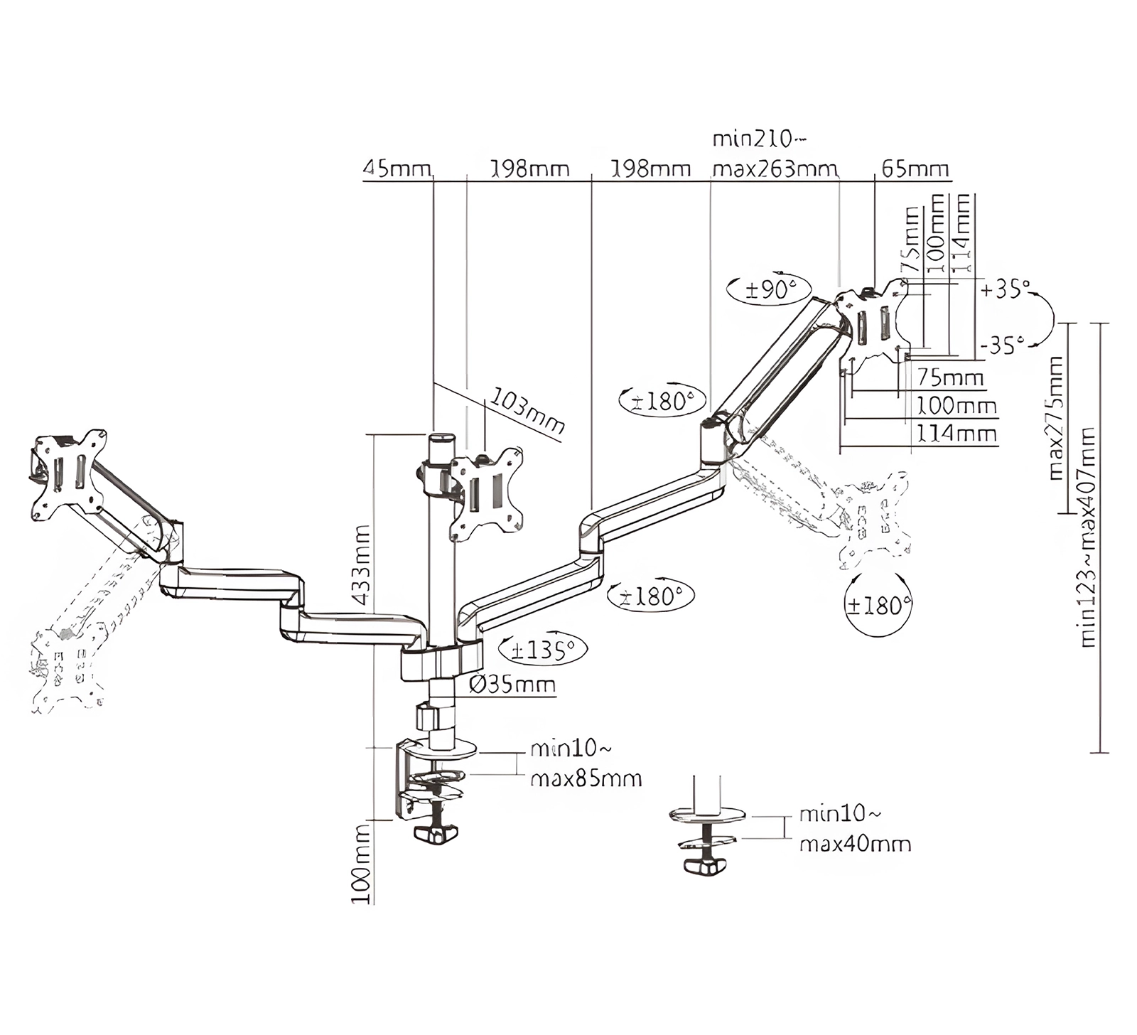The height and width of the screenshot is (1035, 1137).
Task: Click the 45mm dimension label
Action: [x=397, y=169]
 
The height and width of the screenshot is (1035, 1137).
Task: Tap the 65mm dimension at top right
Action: [x=915, y=169]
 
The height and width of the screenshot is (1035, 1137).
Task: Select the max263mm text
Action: [x=775, y=170]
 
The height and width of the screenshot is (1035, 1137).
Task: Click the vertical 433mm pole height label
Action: [x=362, y=564]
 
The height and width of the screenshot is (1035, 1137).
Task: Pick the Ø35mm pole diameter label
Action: [x=512, y=685]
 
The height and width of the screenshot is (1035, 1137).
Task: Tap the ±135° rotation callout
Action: [x=544, y=650]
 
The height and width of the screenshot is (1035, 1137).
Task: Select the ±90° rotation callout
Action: [x=768, y=289]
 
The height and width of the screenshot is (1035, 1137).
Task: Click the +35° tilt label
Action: [x=1005, y=289]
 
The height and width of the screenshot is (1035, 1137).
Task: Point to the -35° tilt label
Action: [x=1003, y=345]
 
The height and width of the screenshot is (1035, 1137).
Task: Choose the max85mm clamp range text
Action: [x=586, y=778]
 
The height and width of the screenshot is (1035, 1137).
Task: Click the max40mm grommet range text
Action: [x=855, y=844]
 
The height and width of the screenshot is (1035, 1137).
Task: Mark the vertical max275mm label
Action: [x=1056, y=417]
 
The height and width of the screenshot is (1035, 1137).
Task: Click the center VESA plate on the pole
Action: [x=486, y=493]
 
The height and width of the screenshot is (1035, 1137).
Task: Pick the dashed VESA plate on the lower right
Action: [x=872, y=520]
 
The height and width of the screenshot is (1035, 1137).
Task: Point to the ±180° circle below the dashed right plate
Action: [x=878, y=605]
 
